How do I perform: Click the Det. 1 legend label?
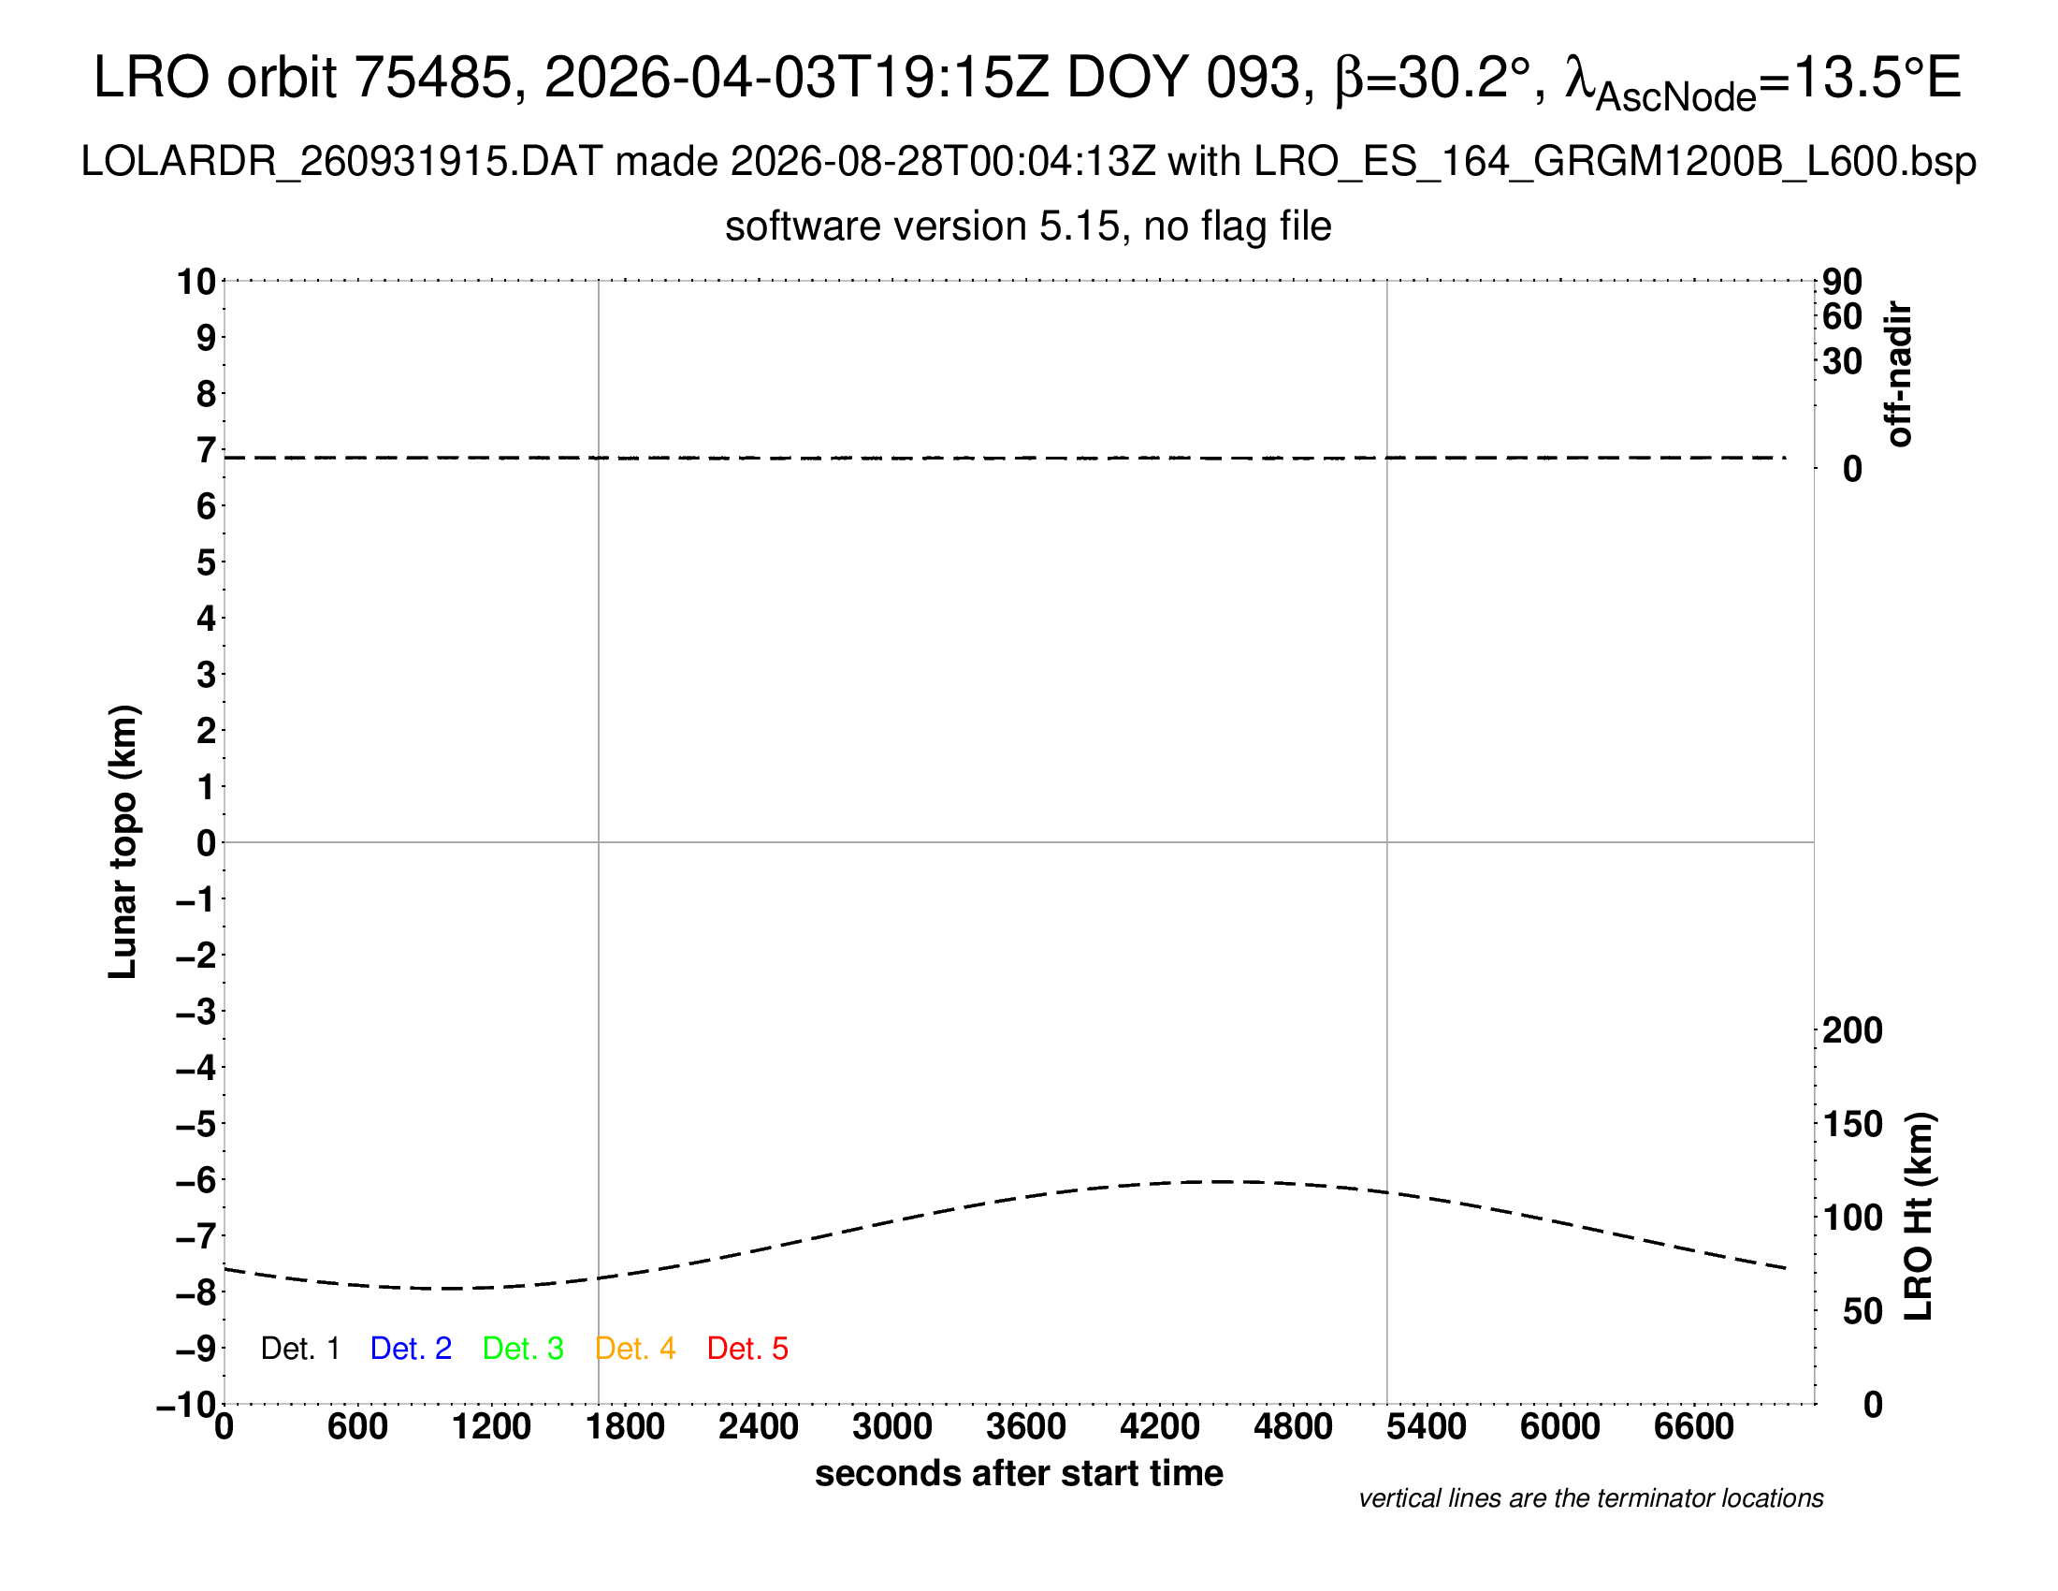pos(299,1349)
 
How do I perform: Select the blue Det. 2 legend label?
pos(411,1349)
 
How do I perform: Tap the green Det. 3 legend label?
pos(523,1349)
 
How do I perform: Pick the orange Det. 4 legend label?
pos(635,1349)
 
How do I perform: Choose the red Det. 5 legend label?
pos(747,1349)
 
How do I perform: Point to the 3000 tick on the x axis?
pos(892,1427)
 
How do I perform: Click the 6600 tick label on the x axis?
pos(1694,1427)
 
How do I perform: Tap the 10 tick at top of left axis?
pos(197,281)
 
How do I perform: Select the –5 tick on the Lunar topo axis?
pos(196,1123)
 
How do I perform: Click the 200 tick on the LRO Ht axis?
pos(1852,1030)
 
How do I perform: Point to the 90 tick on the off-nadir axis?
pos(1842,281)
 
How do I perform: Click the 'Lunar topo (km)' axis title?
pos(123,841)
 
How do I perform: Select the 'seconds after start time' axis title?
pos(1019,1473)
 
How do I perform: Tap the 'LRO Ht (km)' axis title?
pos(1919,1217)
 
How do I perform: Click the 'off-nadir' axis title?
pos(1899,374)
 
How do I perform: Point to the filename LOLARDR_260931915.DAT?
pos(341,162)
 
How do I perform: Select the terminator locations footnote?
pos(1590,1498)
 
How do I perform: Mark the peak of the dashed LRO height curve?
pos(1221,1181)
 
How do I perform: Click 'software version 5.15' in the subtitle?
pos(922,226)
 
